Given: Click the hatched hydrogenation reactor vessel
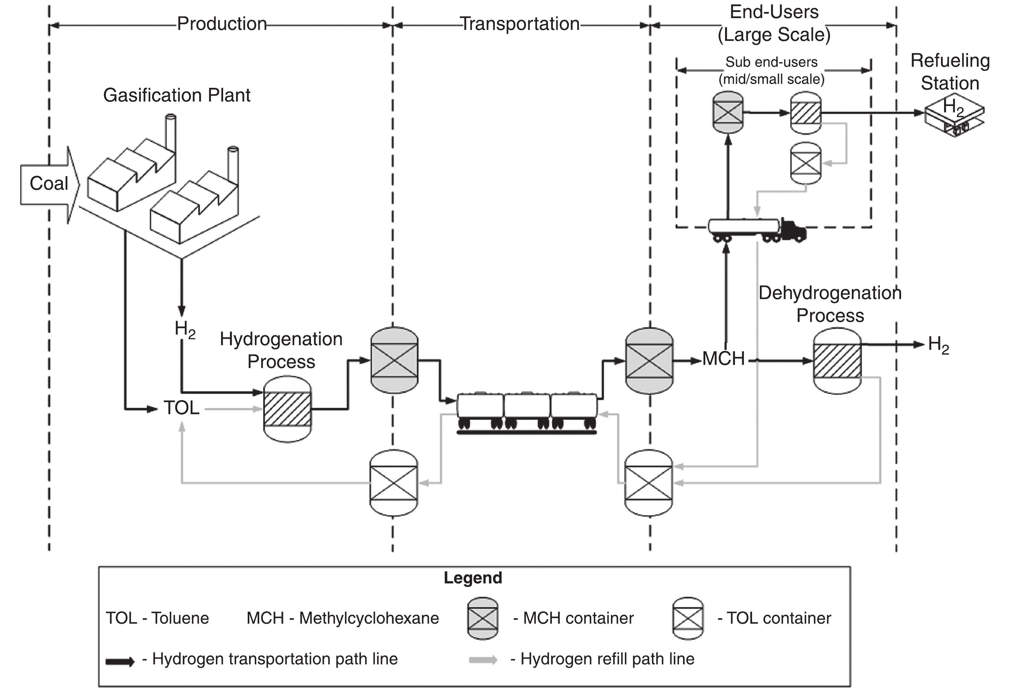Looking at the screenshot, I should [287, 409].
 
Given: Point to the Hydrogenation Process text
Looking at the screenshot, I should [281, 350].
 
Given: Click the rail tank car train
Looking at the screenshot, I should [527, 412].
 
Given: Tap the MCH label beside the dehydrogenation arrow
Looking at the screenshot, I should [723, 359].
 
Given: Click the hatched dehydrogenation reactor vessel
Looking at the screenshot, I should [837, 361].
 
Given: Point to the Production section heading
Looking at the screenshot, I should [222, 24].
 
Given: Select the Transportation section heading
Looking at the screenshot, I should [520, 24].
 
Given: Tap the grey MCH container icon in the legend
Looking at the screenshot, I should [482, 618].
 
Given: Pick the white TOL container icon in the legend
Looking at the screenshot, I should [688, 618].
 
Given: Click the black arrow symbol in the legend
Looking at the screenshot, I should [120, 662].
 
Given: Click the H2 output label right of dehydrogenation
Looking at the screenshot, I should [938, 345].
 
